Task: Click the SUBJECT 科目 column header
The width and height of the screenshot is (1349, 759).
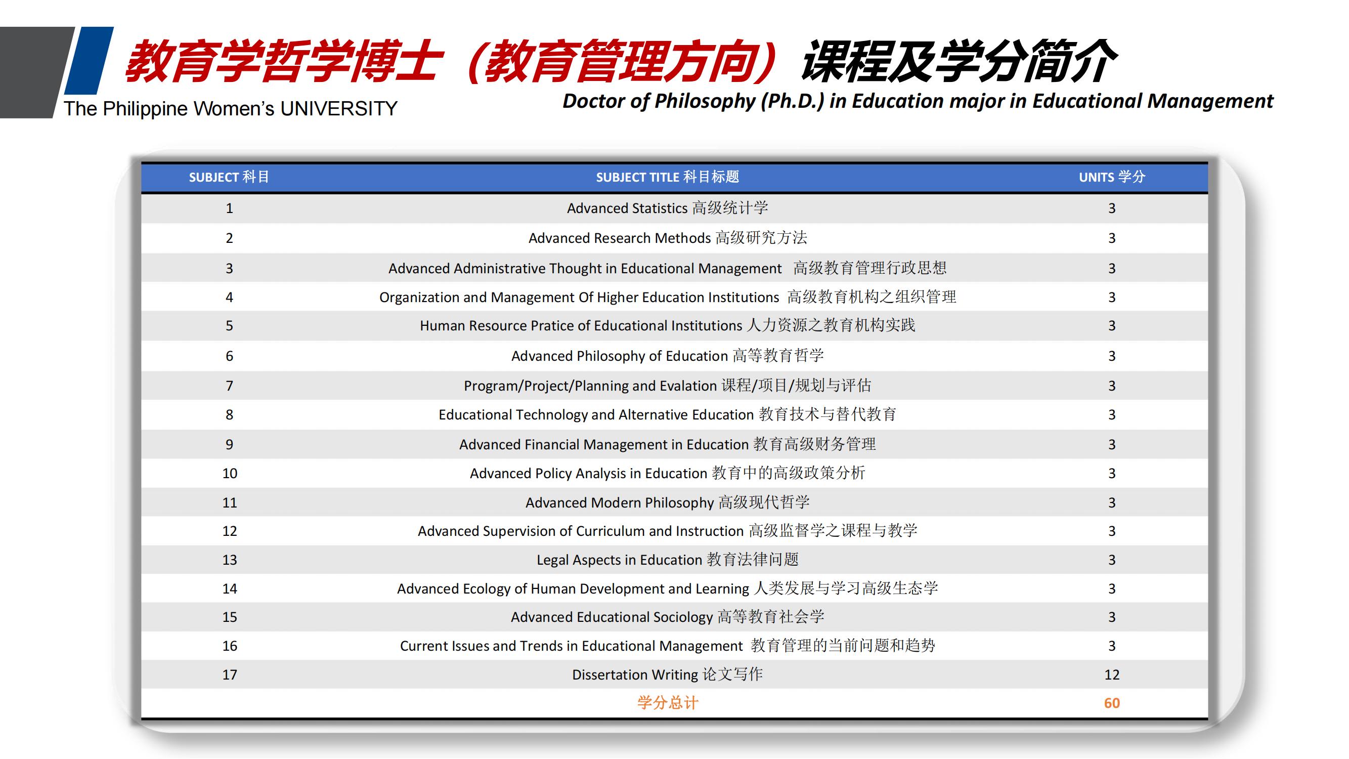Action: tap(229, 177)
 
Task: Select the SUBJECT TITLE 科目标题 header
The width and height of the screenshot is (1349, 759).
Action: tap(667, 177)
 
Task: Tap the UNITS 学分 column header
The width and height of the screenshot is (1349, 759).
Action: tap(1112, 177)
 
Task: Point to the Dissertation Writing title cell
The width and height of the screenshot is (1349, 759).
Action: tap(667, 674)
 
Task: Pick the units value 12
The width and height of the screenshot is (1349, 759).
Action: tap(1112, 674)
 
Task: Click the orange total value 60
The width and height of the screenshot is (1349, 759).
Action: tap(1112, 703)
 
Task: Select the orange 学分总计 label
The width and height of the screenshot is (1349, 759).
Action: tap(668, 703)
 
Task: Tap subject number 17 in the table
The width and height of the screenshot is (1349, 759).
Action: tap(229, 674)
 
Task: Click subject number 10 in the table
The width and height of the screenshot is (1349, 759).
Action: tap(229, 474)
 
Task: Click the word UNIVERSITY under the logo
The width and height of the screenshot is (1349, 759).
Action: tap(339, 109)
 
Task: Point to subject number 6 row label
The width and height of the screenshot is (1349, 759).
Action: tap(229, 356)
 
